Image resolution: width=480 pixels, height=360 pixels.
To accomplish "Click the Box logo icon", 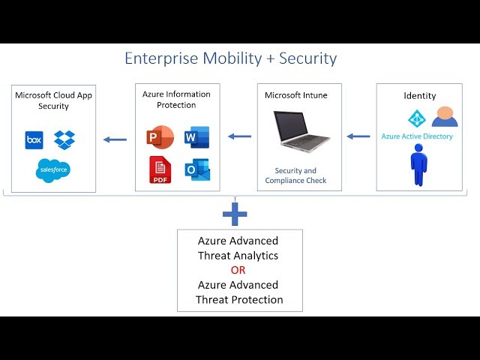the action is pos(34,140).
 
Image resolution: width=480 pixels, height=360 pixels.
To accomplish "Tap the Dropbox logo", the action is pos(64,140).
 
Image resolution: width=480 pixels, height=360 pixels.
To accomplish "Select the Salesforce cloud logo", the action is pos(53,170).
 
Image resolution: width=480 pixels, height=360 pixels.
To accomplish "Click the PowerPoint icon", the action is pos(160,137).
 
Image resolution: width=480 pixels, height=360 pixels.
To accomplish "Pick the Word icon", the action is pos(197,137).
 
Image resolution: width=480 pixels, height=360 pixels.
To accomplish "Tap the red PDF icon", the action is pos(160,170).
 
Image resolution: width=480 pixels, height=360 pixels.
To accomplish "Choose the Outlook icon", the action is pos(197,169).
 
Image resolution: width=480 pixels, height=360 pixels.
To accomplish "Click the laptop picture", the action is pos(301,132).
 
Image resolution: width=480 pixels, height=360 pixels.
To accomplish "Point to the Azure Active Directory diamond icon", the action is pos(417,118).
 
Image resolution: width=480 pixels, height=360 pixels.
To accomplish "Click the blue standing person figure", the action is pos(418,165).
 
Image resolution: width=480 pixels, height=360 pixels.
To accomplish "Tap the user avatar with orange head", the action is pos(445,117).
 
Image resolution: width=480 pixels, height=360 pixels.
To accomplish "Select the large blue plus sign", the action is pos(235,214).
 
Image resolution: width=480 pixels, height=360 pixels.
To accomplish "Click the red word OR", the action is pos(238,270).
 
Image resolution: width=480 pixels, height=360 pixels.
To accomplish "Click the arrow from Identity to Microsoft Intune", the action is pos(358,136).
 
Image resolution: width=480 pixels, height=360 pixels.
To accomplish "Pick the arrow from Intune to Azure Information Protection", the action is pos(240,136).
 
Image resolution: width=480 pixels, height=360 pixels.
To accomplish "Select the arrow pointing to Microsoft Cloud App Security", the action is pos(115,140).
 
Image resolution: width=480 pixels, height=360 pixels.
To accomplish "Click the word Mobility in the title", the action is pos(232,58).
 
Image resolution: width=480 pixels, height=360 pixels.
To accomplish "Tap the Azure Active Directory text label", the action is pos(417,136).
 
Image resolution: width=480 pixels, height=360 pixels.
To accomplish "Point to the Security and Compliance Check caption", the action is pos(295,175).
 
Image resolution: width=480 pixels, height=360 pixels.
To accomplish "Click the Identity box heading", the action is pos(420,96).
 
